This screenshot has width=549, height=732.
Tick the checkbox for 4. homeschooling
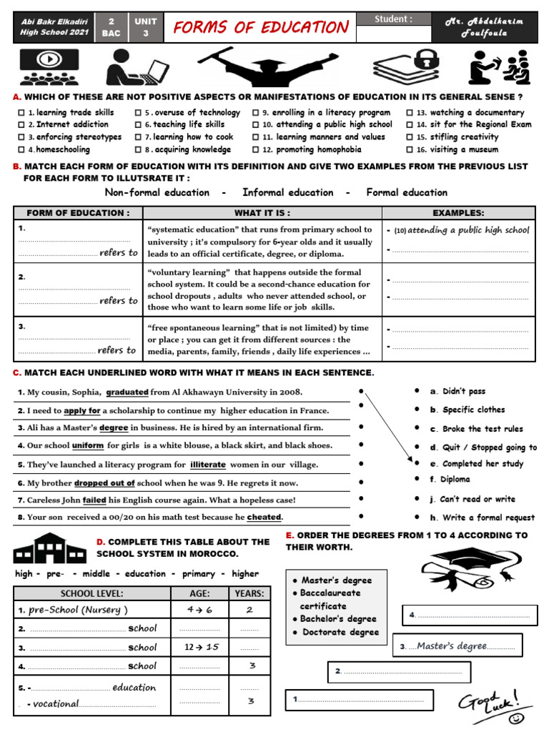tap(21, 150)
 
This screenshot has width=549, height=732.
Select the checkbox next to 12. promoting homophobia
tap(257, 150)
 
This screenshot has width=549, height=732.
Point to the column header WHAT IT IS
tap(262, 213)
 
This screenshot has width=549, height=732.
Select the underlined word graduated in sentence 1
tap(127, 392)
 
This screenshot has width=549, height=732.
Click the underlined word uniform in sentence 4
tap(88, 445)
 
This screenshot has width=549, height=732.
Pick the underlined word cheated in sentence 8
tap(264, 517)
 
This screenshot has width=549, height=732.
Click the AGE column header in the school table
tap(199, 593)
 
